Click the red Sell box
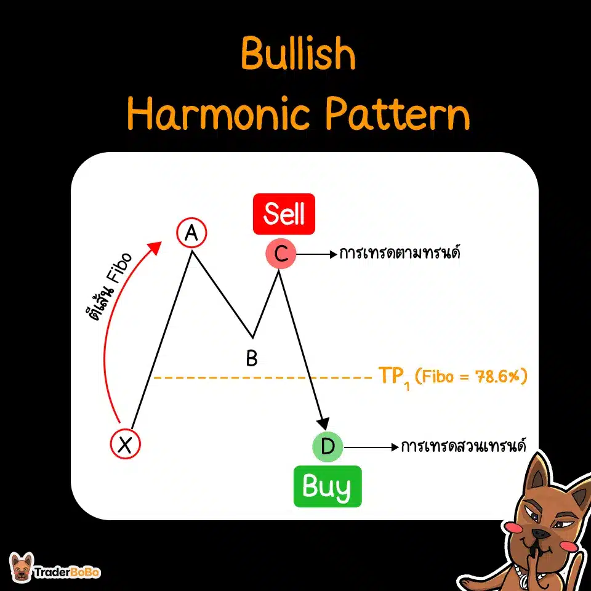tap(284, 214)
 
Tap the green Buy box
tap(328, 487)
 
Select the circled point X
tap(126, 443)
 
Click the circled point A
tap(191, 233)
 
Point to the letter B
tap(251, 358)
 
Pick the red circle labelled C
tap(281, 254)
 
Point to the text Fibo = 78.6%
tap(472, 377)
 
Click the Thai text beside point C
tap(400, 253)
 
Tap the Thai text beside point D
tap(462, 446)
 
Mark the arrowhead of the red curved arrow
tap(156, 247)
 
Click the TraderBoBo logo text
tap(68, 572)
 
